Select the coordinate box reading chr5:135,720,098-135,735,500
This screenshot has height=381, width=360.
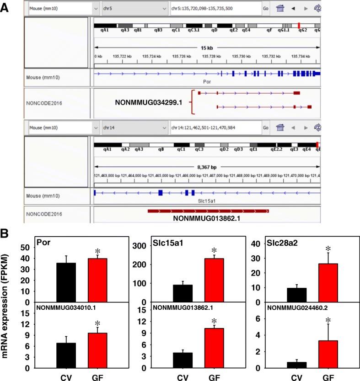pos(214,9)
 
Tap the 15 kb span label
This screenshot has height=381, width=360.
pos(206,47)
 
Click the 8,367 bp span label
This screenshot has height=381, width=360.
pos(206,167)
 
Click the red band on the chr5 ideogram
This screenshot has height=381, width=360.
pos(299,26)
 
